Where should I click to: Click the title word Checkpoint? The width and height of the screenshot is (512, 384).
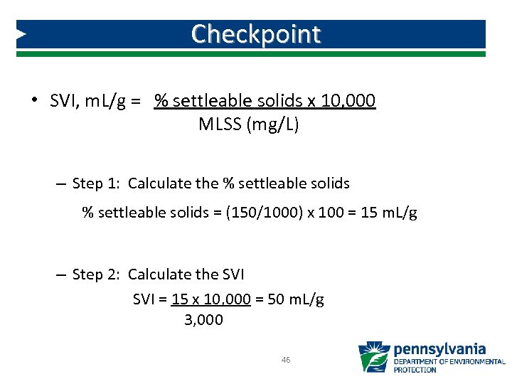click(x=256, y=33)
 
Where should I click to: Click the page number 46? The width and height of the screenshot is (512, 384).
click(x=286, y=361)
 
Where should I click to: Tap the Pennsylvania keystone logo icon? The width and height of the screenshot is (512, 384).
click(x=373, y=357)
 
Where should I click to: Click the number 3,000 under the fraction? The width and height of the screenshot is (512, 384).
click(x=203, y=320)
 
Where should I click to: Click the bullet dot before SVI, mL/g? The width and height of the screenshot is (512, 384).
click(x=34, y=100)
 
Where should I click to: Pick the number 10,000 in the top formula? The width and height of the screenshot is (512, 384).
click(x=348, y=101)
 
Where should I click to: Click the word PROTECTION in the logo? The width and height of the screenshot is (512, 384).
click(x=415, y=370)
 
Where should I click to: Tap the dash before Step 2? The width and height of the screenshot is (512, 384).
click(x=60, y=275)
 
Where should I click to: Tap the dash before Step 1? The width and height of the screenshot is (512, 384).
click(x=60, y=184)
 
